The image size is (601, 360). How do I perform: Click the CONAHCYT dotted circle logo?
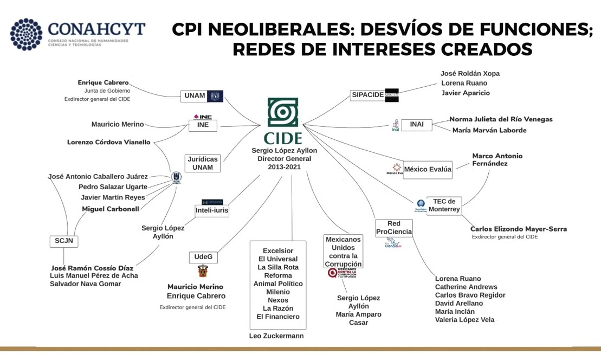(x=26, y=34)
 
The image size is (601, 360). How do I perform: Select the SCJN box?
(x=63, y=241)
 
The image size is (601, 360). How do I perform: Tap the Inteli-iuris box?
(x=212, y=210)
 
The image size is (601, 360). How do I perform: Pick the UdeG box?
(x=203, y=256)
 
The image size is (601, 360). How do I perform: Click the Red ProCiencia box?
(x=394, y=228)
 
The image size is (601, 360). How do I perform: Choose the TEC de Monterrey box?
(x=444, y=205)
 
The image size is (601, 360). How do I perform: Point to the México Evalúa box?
(x=428, y=169)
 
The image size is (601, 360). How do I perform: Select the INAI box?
(x=417, y=124)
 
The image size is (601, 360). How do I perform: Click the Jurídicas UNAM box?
(x=203, y=163)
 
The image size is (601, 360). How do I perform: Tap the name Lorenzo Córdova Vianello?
(x=109, y=142)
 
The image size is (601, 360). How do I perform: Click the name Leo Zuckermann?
(x=276, y=336)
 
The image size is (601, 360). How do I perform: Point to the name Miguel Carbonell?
(x=111, y=209)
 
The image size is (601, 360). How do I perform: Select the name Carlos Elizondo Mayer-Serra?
(x=519, y=229)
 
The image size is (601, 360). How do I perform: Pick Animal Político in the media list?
(x=278, y=284)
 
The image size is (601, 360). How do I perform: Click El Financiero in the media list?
(x=278, y=317)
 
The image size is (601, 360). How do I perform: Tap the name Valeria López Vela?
(x=464, y=320)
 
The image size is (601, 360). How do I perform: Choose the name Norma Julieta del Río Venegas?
(x=501, y=119)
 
